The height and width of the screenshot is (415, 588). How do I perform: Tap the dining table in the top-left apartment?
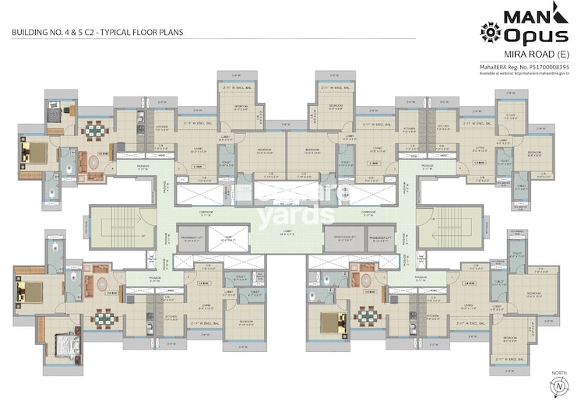click(94, 130)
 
